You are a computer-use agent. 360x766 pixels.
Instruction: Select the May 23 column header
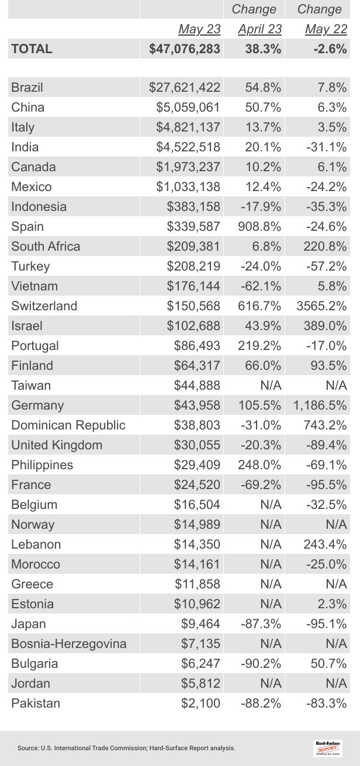199,29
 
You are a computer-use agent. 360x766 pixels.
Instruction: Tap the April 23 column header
259,29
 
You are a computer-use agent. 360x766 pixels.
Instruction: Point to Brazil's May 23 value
185,88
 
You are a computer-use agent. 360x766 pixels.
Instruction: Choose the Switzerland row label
44,306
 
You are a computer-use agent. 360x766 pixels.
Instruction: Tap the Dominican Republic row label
68,425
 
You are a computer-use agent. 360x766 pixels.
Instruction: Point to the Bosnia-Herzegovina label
69,644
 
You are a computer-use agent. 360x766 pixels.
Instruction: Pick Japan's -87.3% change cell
261,624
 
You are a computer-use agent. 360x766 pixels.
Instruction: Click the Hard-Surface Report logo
328,748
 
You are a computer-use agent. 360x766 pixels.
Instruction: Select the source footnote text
126,748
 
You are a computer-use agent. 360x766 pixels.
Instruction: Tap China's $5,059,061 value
188,108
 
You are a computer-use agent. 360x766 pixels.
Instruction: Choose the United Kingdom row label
57,445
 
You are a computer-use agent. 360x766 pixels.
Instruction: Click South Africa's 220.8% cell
325,247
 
